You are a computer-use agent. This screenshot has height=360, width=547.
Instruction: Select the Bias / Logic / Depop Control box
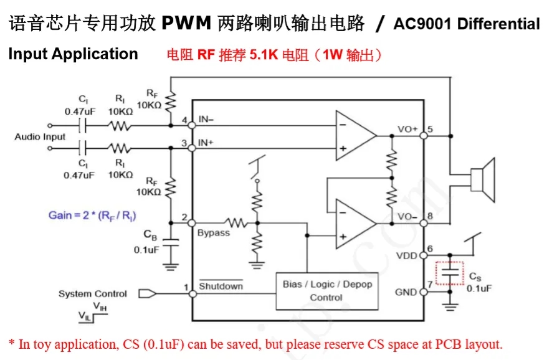pyautogui.click(x=326, y=291)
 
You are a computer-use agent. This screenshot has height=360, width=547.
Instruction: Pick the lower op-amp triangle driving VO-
pyautogui.click(x=354, y=223)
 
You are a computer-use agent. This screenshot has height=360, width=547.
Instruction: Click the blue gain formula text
pyautogui.click(x=92, y=216)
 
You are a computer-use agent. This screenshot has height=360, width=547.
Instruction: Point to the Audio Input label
pyautogui.click(x=40, y=136)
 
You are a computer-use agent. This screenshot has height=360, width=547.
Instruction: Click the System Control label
pyautogui.click(x=92, y=293)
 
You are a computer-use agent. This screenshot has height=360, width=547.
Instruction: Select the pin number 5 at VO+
pyautogui.click(x=430, y=130)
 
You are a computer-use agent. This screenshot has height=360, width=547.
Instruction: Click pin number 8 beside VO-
pyautogui.click(x=430, y=217)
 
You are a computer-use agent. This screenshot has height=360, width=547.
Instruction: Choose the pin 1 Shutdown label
pyautogui.click(x=221, y=286)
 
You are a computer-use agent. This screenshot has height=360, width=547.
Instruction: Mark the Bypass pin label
pyautogui.click(x=213, y=233)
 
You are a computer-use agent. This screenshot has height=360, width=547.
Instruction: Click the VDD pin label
pyautogui.click(x=407, y=255)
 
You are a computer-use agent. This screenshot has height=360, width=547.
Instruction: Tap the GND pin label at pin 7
pyautogui.click(x=407, y=291)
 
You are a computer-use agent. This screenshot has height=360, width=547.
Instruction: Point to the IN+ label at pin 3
pyautogui.click(x=206, y=143)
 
